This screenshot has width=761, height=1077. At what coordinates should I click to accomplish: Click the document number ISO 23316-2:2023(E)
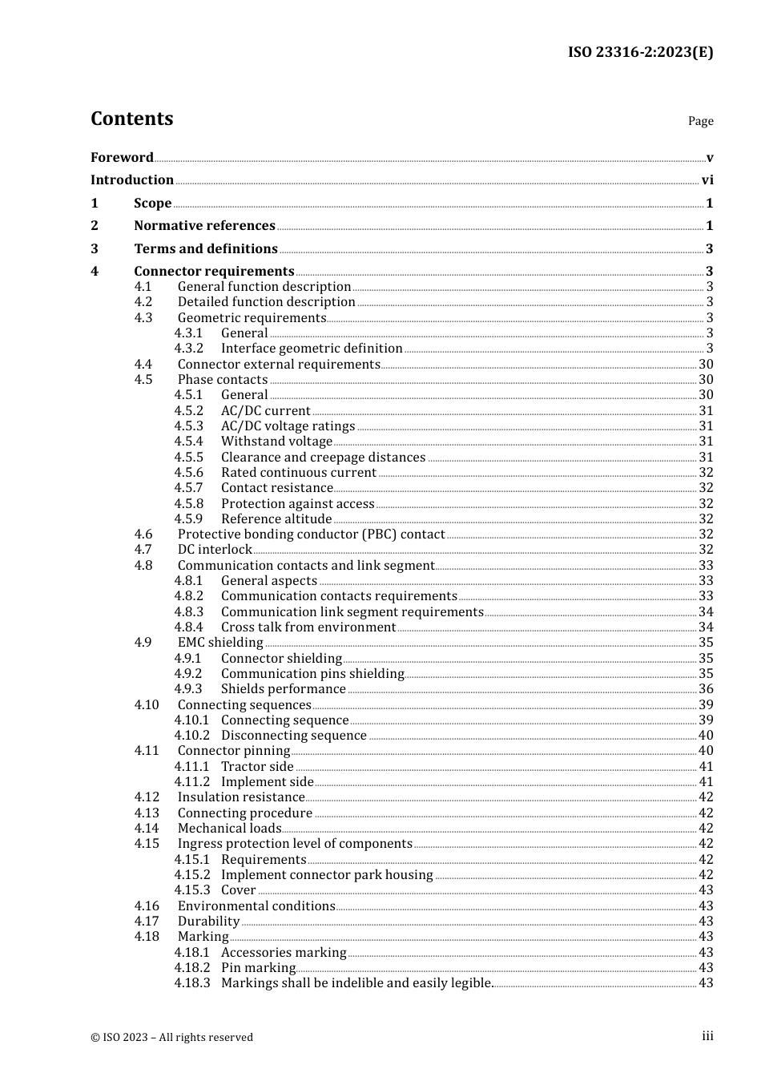coord(640,53)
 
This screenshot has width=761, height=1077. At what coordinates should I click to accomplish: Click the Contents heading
coord(131,119)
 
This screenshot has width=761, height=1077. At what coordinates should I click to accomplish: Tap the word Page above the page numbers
coord(700,121)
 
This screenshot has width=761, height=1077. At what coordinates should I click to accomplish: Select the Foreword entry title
coord(122,158)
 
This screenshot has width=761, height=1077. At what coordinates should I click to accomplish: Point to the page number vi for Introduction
coord(707,180)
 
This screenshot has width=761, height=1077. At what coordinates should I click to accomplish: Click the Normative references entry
coord(204,226)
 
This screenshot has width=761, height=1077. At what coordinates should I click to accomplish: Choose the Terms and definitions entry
coord(206,249)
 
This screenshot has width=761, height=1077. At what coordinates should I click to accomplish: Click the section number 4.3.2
coord(188,349)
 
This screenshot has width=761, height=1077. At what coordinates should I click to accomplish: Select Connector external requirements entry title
coord(279,365)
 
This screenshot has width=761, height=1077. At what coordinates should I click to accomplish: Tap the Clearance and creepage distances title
coord(323,458)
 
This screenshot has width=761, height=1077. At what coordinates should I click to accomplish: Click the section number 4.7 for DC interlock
coord(143,550)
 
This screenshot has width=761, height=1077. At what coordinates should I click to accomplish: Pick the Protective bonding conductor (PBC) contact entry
coord(311,534)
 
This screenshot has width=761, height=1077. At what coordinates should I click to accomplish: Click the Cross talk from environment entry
coord(308,627)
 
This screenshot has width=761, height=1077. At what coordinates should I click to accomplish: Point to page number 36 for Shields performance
coord(706,689)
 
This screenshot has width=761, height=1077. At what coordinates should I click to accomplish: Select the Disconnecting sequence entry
coord(293,736)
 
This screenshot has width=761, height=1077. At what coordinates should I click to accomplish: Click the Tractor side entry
coord(257,767)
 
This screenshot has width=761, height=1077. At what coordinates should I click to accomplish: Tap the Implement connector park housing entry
coord(327,875)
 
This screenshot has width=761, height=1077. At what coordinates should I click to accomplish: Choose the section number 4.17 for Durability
coord(147,922)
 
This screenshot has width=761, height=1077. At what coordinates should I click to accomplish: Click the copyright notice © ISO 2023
coord(171,1038)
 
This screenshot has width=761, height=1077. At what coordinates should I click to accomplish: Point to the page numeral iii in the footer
coord(707,1036)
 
